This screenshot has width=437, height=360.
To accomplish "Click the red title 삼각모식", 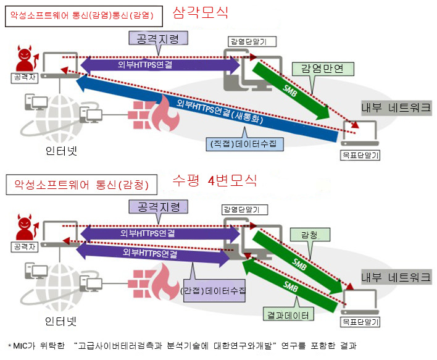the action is tap(201, 13).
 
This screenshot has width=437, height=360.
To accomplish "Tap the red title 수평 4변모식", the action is tap(214, 181).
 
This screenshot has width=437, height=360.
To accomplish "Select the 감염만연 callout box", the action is tap(323, 69).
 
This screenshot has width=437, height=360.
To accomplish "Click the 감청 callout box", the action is tap(310, 235).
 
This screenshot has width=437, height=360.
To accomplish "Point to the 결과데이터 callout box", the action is tap(288, 314).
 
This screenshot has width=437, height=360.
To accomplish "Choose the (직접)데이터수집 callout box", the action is tap(244, 144).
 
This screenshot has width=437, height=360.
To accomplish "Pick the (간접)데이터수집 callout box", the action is tap(214, 291).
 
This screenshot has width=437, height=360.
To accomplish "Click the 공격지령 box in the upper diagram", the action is tap(158, 38).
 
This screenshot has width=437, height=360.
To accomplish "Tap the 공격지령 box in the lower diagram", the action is tap(158, 207).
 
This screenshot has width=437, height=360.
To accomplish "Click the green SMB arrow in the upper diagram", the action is tap(291, 91).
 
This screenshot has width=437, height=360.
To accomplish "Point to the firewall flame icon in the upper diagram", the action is tap(165, 114).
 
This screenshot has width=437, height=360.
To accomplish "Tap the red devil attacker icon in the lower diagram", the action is tap(27, 227).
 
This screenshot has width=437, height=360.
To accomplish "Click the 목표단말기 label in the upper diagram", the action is tap(360, 155).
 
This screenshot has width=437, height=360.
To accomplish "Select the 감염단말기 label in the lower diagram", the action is tap(244, 210).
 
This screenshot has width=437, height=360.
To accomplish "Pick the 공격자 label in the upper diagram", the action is tap(25, 78).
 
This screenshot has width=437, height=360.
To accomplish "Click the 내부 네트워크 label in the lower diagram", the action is tap(396, 277).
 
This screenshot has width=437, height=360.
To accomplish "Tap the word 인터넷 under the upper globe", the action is tap(61, 151).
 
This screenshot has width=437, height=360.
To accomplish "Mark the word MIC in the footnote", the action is tap(20, 346).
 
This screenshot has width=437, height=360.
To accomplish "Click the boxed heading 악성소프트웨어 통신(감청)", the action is tap(81, 185).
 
